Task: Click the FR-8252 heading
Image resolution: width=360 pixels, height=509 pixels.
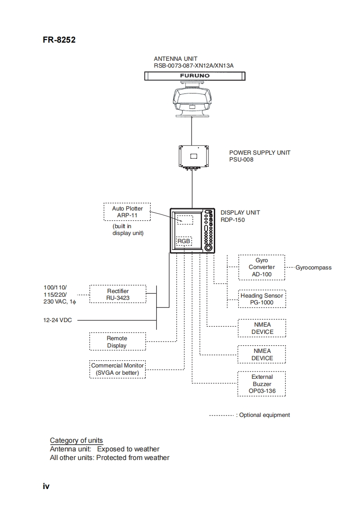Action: [x=59, y=40]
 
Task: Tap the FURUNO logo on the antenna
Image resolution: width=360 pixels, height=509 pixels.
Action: [x=195, y=76]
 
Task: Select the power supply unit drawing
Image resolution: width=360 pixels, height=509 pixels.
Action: [x=194, y=157]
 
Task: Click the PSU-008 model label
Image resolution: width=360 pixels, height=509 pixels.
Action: [x=242, y=160]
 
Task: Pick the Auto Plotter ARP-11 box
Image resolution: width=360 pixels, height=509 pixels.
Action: [x=127, y=212]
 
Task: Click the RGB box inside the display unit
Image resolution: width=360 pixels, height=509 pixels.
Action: [x=184, y=241]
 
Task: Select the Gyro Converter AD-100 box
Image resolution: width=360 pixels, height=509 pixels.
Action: [x=262, y=267]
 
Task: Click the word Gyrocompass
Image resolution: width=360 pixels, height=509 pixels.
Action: [x=313, y=268]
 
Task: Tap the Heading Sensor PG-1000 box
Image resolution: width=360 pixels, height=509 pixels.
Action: [x=262, y=299]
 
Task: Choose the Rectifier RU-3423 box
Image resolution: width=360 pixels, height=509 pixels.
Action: [x=118, y=294]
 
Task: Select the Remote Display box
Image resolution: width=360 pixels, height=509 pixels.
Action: [x=117, y=342]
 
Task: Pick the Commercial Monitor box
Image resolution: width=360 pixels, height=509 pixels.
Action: [x=118, y=369]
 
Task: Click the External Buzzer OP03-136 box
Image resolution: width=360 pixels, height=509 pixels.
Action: [x=262, y=384]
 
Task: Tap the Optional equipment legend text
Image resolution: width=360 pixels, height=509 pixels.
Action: [x=264, y=415]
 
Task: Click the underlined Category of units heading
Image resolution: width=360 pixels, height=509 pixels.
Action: [x=76, y=440]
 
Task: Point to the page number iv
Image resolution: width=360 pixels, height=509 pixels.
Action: [x=46, y=486]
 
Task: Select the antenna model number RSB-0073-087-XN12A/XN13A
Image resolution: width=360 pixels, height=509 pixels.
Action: [x=193, y=66]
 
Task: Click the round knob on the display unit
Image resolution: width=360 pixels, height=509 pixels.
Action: [x=208, y=248]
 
